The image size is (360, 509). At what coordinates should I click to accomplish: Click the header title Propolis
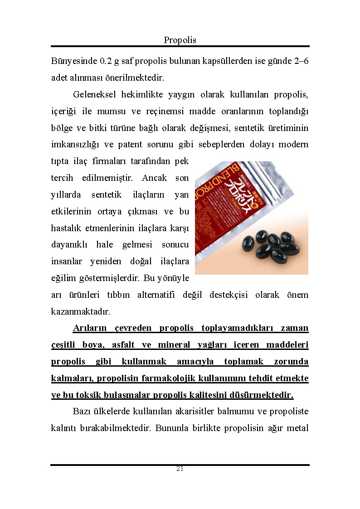(180, 40)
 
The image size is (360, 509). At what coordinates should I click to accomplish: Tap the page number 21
(180, 469)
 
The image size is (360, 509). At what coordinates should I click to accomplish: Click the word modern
(293, 145)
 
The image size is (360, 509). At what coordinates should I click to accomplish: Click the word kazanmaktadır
(80, 312)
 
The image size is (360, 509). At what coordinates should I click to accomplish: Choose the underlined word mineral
(174, 345)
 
